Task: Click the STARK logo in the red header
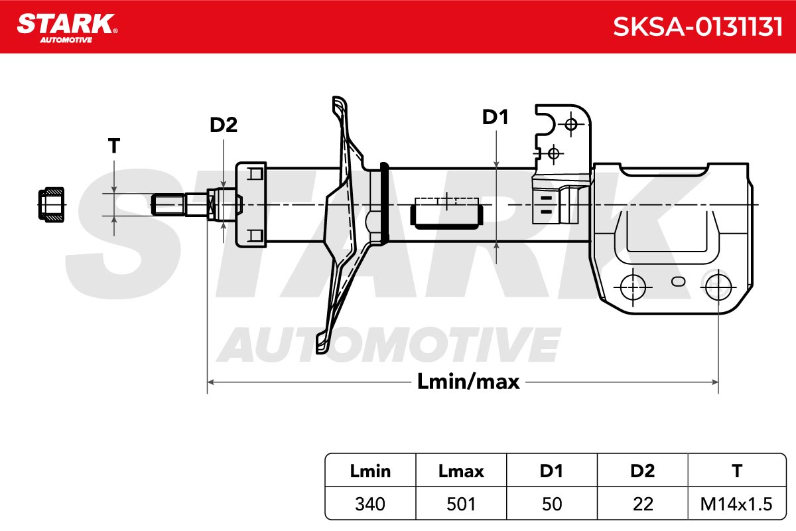coord(68,28)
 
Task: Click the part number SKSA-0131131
coord(698,27)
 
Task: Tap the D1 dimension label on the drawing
coord(495,117)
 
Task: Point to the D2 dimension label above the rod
coord(223,125)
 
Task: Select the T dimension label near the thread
coord(113,146)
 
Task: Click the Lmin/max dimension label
coord(468,382)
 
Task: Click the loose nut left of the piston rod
coord(52,205)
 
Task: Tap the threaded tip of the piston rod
coord(168,204)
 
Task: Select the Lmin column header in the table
coord(370,471)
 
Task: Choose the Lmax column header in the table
coord(461,471)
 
